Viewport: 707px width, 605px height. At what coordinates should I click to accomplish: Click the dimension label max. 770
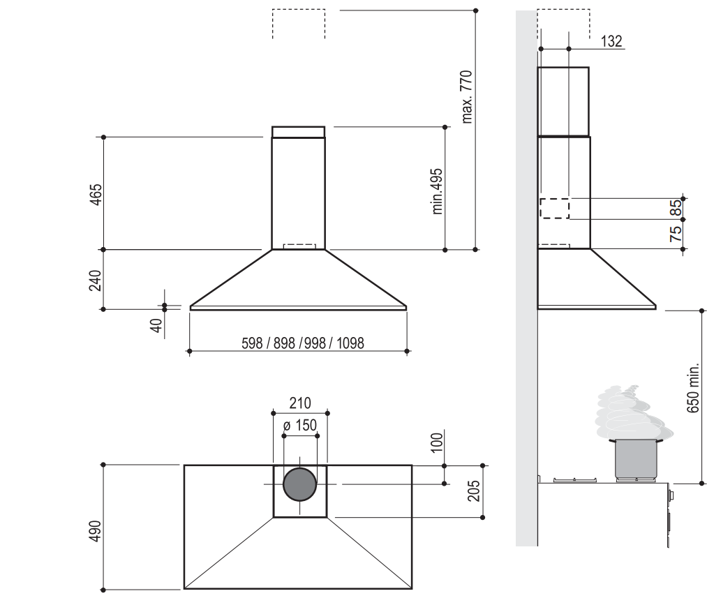coord(468,96)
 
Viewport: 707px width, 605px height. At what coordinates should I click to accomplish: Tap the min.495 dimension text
coord(438,191)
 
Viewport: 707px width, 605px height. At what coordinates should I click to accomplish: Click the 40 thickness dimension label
coord(157,324)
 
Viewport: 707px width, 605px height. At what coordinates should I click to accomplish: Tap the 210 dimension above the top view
coord(299,403)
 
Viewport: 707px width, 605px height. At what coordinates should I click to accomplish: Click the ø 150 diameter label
coord(300,425)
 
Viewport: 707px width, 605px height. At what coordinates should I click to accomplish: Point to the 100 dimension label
coord(438,442)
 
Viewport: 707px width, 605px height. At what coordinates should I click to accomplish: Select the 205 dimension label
coord(475,491)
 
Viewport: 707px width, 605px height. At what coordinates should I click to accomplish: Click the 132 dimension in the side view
coord(611,41)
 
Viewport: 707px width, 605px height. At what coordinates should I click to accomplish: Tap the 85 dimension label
coord(676,209)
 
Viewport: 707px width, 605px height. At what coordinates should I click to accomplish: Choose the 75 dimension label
coord(676,234)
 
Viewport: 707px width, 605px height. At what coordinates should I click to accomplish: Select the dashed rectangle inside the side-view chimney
coord(555,209)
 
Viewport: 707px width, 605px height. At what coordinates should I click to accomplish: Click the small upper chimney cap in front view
coord(299,132)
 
